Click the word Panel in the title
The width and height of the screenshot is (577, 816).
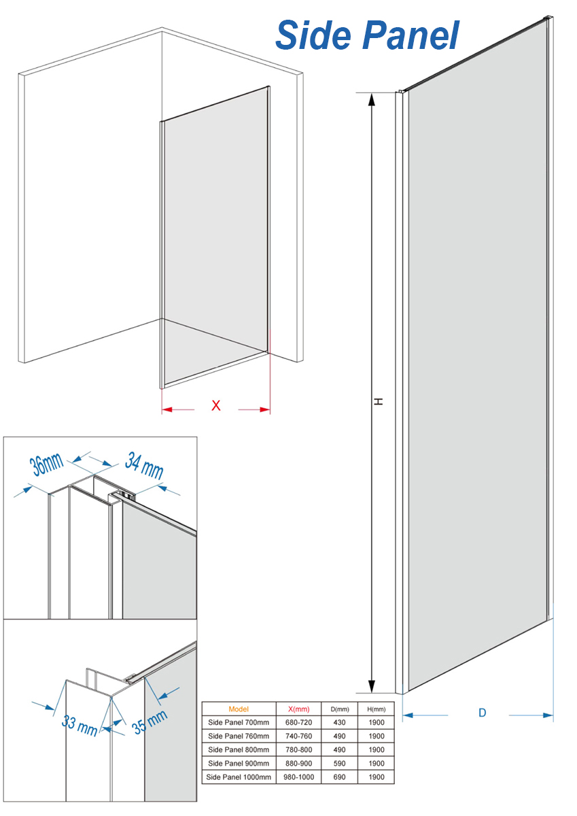coord(410,35)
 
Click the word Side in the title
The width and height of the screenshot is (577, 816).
coord(315,35)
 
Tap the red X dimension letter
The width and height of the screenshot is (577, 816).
coord(216,405)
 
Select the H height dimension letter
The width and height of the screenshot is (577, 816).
coord(379,401)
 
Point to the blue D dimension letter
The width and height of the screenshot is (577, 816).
coord(483,713)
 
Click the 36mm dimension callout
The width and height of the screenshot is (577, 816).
coord(46,465)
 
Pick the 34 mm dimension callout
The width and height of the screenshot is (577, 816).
coord(144,465)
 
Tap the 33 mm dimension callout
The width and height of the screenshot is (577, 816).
coord(80,726)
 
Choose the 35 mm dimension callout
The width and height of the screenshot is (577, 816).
coord(150,721)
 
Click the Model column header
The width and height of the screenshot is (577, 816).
coord(239,709)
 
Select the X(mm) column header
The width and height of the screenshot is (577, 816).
coord(298,709)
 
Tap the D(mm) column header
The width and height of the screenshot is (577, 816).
coord(340,709)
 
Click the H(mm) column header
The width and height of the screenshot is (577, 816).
coord(376,709)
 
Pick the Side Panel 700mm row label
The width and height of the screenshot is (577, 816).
coord(239,722)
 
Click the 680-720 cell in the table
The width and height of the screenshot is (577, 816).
coord(298,722)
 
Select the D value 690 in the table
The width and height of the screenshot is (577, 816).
coord(339,777)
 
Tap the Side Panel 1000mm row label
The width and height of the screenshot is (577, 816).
coord(239,777)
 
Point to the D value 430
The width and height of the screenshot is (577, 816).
coord(339,722)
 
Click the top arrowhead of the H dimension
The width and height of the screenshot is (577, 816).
coord(371,99)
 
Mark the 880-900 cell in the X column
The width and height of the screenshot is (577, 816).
coord(298,763)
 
